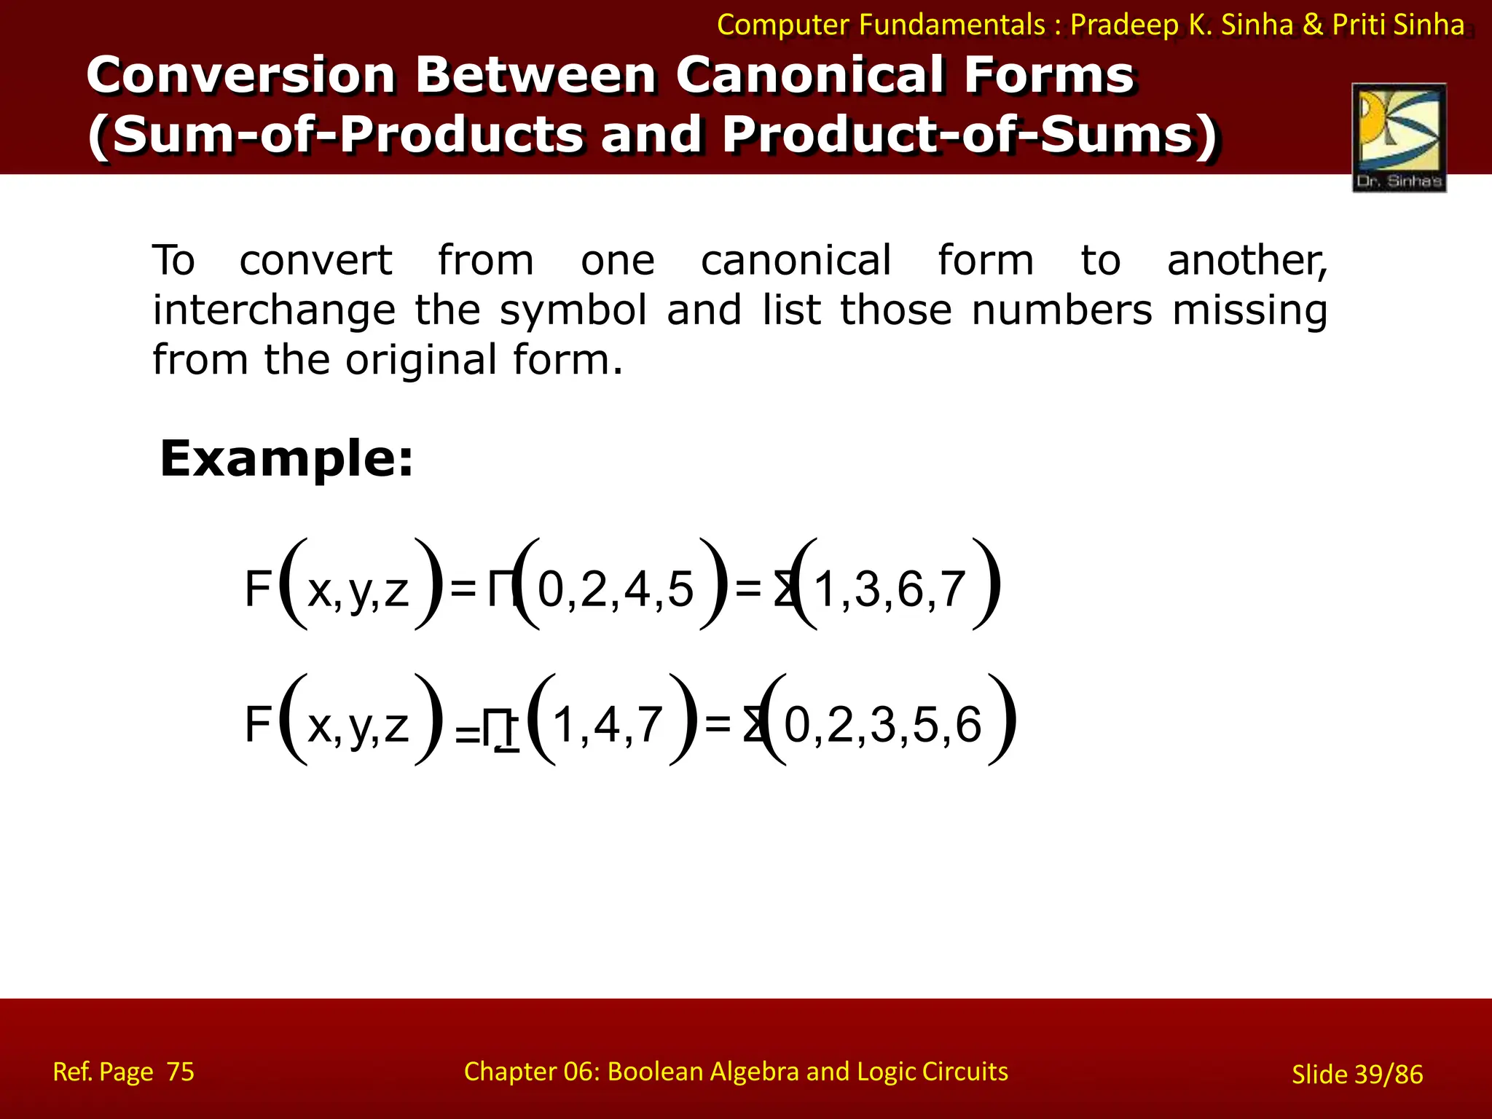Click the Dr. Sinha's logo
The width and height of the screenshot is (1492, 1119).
(1399, 137)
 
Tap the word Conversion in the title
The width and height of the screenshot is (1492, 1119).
(241, 75)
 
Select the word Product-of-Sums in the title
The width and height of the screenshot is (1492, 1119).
(970, 136)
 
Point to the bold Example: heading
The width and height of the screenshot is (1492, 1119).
(286, 459)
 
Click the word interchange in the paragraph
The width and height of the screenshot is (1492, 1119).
(273, 310)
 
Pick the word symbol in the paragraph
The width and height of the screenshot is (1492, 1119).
(573, 310)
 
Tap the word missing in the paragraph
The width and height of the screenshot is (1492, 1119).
(1249, 310)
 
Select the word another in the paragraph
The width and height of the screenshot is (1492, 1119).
(1246, 261)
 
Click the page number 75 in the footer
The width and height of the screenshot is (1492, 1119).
(181, 1072)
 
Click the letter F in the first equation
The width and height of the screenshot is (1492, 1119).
(258, 589)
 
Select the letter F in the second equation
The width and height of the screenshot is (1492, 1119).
(258, 724)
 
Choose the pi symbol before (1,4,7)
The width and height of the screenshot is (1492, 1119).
(500, 729)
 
